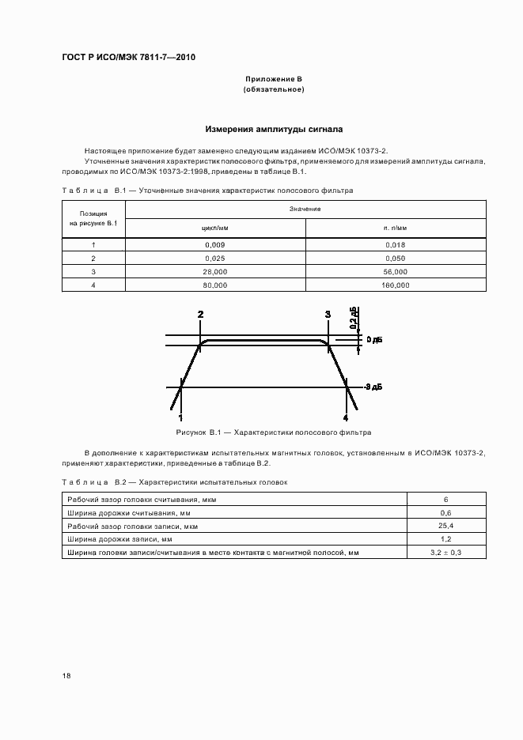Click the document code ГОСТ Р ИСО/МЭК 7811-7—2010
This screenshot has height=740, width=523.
pos(129,58)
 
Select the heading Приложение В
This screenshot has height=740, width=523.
pos(273,80)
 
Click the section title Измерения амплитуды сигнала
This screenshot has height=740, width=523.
pos(274,128)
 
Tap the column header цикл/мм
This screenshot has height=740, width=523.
pos(215,227)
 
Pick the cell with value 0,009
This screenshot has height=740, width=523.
pos(215,245)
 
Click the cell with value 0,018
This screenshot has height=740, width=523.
pos(396,245)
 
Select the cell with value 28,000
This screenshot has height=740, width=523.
pos(215,271)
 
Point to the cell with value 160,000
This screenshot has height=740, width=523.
pos(396,285)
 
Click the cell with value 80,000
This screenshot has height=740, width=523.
pos(215,285)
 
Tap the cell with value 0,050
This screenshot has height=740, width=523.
pos(396,259)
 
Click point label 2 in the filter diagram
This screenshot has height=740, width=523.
pos(200,315)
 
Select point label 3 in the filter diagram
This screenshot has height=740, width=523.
pos(328,315)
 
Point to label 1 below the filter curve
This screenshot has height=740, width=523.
pos(180,417)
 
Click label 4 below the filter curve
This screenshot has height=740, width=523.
pos(345,417)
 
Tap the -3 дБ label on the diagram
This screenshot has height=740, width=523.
pos(373,387)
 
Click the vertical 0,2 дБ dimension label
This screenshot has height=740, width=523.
pos(355,317)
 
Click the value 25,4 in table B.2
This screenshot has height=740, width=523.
pos(446,526)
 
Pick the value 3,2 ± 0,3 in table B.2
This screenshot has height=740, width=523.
pos(446,553)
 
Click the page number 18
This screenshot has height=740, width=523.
pos(66,676)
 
